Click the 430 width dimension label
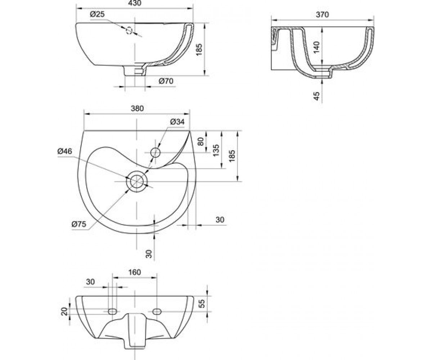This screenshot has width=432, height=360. [x=135, y=3]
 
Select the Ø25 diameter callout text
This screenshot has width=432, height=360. [x=97, y=14]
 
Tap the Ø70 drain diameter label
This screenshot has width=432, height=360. [x=166, y=81]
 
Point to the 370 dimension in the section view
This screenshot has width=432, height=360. [x=322, y=14]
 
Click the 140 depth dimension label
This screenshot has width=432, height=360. [x=316, y=48]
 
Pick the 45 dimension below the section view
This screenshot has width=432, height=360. [x=316, y=96]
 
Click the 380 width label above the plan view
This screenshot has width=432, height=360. [x=137, y=108]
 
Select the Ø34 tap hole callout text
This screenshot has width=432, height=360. [x=177, y=122]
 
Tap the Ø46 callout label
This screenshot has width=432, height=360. [x=65, y=151]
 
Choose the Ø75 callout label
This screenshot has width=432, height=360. [x=79, y=224]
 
